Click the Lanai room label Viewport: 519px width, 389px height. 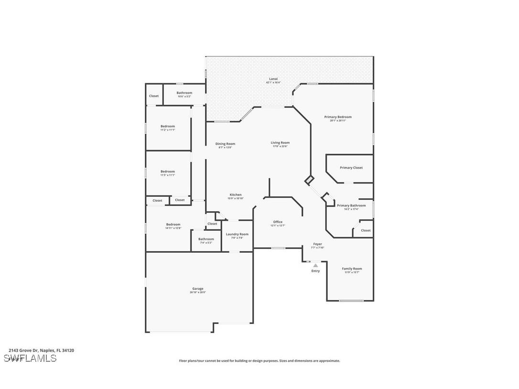273,79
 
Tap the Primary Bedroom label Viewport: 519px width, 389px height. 337,117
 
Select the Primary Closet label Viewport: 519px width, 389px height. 351,168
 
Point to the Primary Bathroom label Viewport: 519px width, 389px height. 351,205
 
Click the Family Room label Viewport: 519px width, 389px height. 352,269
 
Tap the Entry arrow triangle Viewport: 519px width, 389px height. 315,265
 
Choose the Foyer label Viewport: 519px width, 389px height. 317,244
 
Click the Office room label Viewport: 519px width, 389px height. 278,222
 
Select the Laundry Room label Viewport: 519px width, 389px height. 237,234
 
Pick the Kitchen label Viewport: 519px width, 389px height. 236,195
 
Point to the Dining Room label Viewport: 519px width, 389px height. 225,144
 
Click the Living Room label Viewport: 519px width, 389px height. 280,143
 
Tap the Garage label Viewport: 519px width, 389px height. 198,289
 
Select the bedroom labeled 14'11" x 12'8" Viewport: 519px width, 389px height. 173,225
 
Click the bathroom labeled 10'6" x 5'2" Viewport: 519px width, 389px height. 184,93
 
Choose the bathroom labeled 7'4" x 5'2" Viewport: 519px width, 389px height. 206,239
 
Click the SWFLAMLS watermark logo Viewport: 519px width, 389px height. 30,358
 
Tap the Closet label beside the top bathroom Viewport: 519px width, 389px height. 154,96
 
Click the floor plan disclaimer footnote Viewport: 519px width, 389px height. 259,361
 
